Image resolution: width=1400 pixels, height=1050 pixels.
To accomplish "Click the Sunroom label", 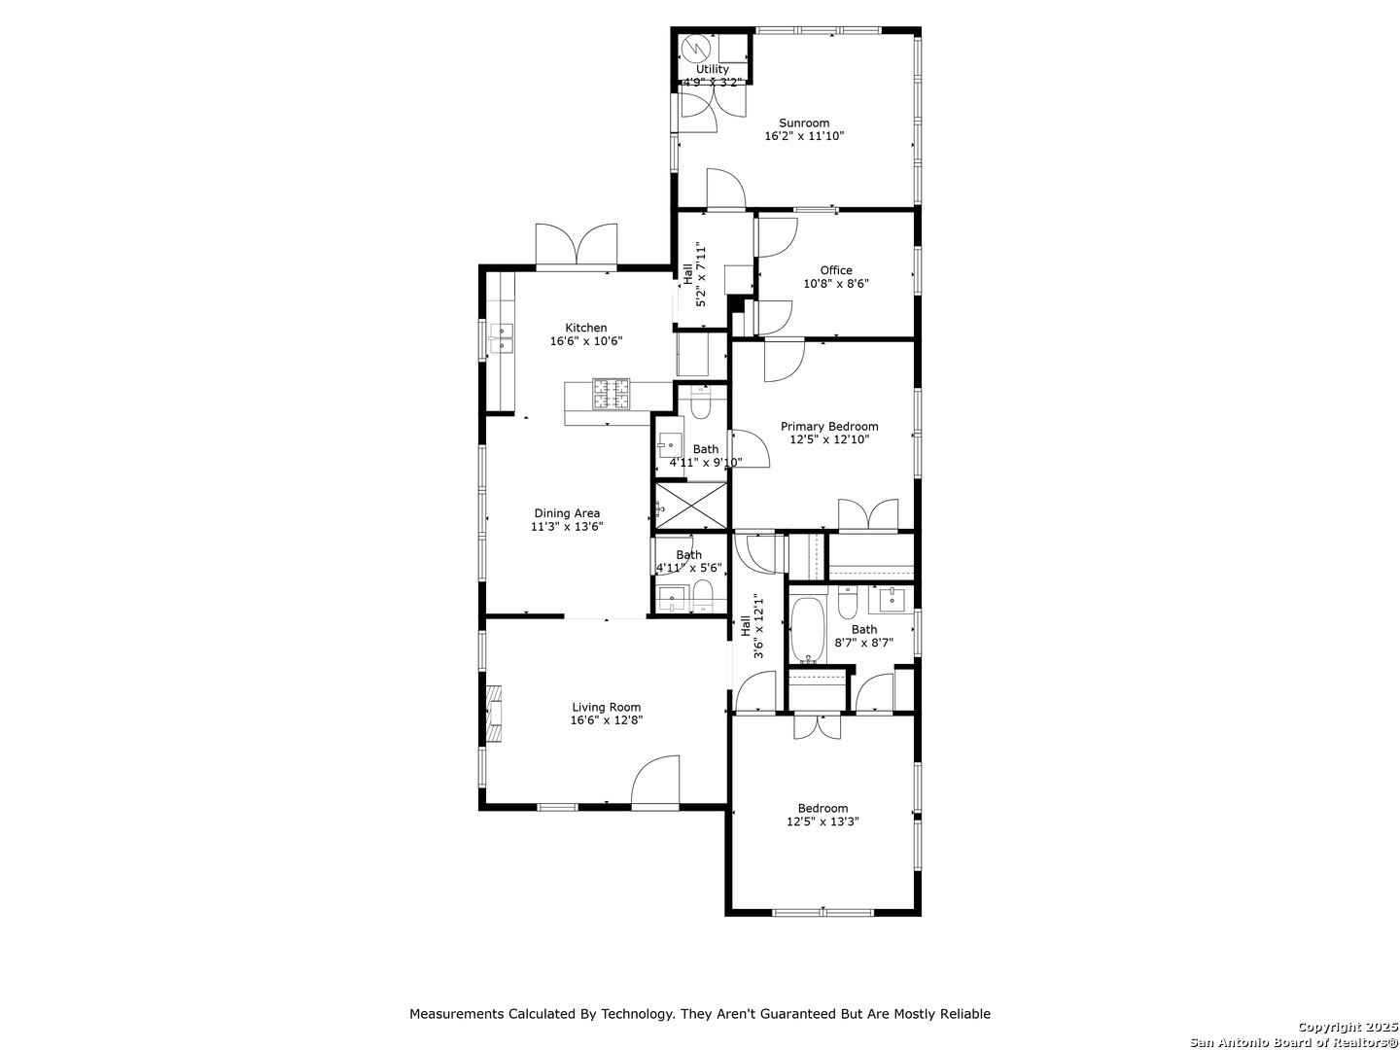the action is point(804,123).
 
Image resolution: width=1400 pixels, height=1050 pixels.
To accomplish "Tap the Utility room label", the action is point(712,69).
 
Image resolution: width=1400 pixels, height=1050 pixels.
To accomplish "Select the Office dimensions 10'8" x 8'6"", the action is point(835,284).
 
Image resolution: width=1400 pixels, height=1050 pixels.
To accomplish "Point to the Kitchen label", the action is point(585,328).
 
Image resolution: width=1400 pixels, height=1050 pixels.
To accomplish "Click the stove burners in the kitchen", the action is point(611,394).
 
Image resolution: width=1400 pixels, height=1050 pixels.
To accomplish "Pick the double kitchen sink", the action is point(502,338).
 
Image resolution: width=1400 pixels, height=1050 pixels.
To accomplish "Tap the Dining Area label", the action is point(567,513).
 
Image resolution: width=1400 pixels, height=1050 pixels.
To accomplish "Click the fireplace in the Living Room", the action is point(493,714).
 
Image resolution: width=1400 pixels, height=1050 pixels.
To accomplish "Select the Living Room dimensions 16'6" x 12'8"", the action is point(606,719).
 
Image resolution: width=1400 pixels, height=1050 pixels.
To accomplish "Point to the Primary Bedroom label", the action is point(829,427).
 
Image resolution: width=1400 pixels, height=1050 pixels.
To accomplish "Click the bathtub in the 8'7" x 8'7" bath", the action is point(808,631).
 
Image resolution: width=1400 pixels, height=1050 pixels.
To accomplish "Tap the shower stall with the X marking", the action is point(691,506).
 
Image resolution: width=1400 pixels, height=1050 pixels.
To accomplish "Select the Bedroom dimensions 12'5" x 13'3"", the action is point(822,822).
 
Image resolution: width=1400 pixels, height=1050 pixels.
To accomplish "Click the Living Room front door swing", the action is point(655,781).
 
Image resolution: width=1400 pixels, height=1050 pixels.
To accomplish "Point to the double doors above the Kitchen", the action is point(576,244).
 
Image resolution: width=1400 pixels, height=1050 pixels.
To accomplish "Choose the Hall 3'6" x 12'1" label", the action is point(752,627).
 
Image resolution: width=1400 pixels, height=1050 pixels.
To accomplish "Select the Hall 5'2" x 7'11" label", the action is point(694,274).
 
